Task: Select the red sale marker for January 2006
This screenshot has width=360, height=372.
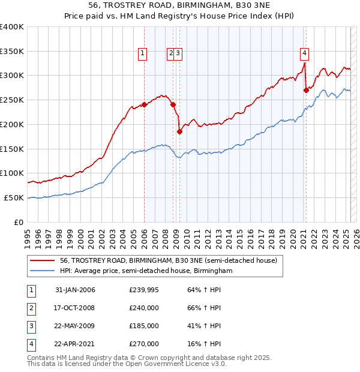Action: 144,104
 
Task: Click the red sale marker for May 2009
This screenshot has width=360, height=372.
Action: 179,131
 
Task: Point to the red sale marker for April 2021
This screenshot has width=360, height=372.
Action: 306,90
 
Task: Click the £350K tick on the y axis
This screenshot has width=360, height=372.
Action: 12,51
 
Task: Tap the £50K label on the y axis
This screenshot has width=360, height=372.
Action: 14,197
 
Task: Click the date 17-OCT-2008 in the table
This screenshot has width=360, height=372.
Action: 75,308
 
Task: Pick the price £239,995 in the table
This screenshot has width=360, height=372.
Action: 144,290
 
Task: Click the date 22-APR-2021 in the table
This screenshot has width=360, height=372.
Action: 75,344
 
